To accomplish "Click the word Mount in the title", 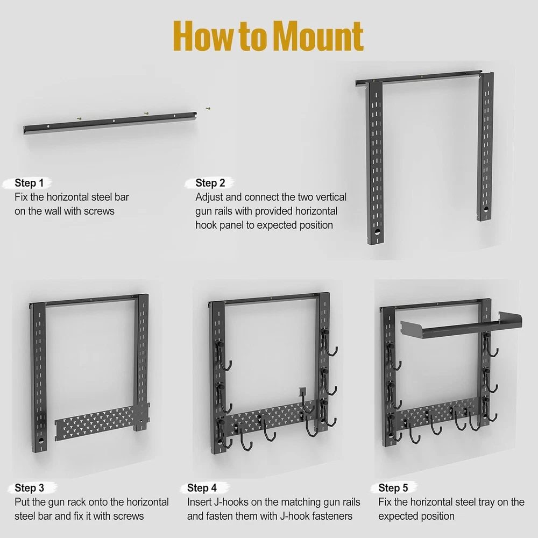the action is point(318,36).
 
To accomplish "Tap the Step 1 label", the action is point(29,183).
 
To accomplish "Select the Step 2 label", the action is point(210,183).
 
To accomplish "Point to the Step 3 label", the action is point(29,487).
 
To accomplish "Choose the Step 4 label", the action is point(202,487).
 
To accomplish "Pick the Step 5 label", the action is point(393,487).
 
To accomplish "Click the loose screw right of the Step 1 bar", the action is point(208,109).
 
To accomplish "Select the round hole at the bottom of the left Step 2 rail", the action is point(377,232).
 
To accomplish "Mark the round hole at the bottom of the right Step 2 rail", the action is point(485,208).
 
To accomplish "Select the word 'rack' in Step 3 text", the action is point(77,502).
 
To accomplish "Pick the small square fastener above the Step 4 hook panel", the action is point(302,391).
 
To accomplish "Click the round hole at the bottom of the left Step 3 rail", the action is point(41,440).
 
